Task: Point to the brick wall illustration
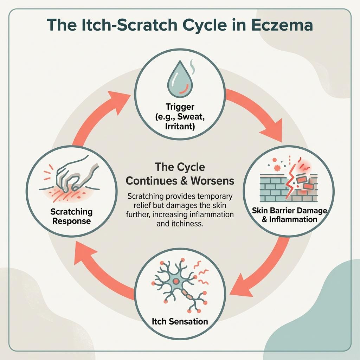click(289, 187)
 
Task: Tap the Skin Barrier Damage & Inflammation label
click(290, 215)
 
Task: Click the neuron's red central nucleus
click(176, 281)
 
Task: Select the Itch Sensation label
click(180, 321)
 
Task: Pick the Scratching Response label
click(71, 216)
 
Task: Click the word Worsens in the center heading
click(212, 181)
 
